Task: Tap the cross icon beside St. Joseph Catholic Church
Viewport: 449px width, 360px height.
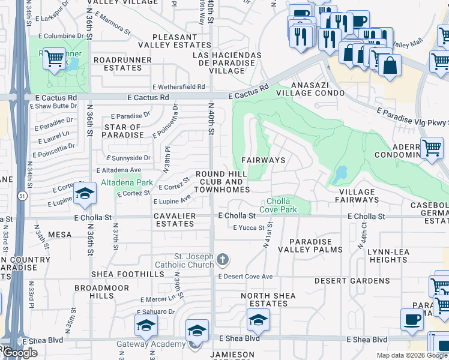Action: [x=223, y=260]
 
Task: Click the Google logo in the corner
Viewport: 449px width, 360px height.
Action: [x=19, y=353]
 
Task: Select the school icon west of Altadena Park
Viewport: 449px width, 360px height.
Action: [x=85, y=193]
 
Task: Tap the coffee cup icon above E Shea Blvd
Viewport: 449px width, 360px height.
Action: [x=412, y=319]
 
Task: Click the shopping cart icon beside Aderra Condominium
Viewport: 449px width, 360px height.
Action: [x=432, y=147]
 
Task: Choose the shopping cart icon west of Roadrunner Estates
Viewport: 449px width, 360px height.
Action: [x=55, y=59]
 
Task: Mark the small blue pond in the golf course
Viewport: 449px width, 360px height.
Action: [x=340, y=175]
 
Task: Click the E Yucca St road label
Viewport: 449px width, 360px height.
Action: [x=249, y=228]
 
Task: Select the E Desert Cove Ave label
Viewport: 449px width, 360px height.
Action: [x=245, y=277]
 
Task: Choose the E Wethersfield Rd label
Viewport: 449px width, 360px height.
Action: [x=178, y=87]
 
